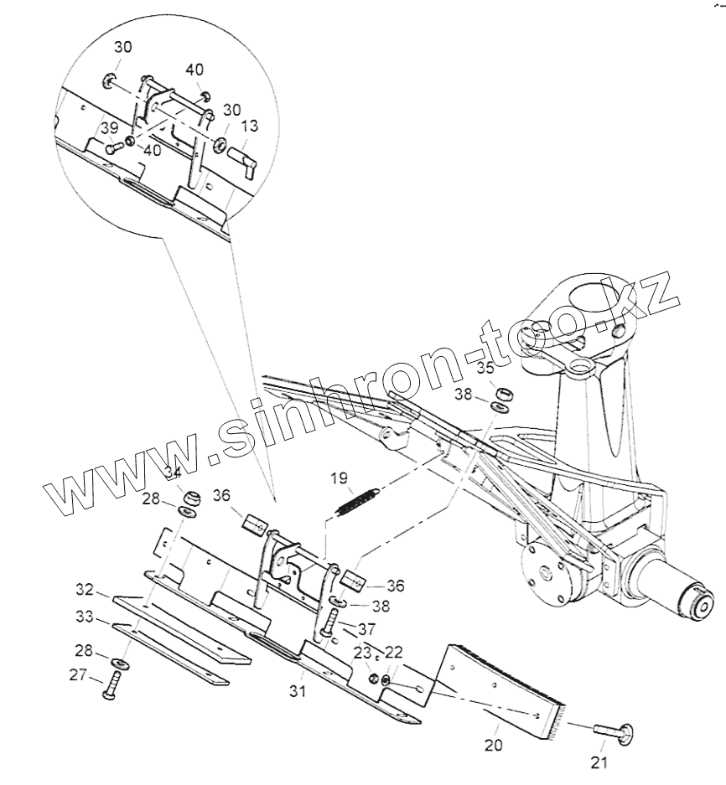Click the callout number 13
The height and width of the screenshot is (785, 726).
(250, 127)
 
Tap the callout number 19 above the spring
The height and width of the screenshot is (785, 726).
(339, 479)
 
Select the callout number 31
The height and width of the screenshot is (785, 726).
(298, 691)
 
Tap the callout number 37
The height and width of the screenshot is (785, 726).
(368, 629)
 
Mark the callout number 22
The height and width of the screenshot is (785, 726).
(392, 653)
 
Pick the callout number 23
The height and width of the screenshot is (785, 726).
(362, 653)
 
